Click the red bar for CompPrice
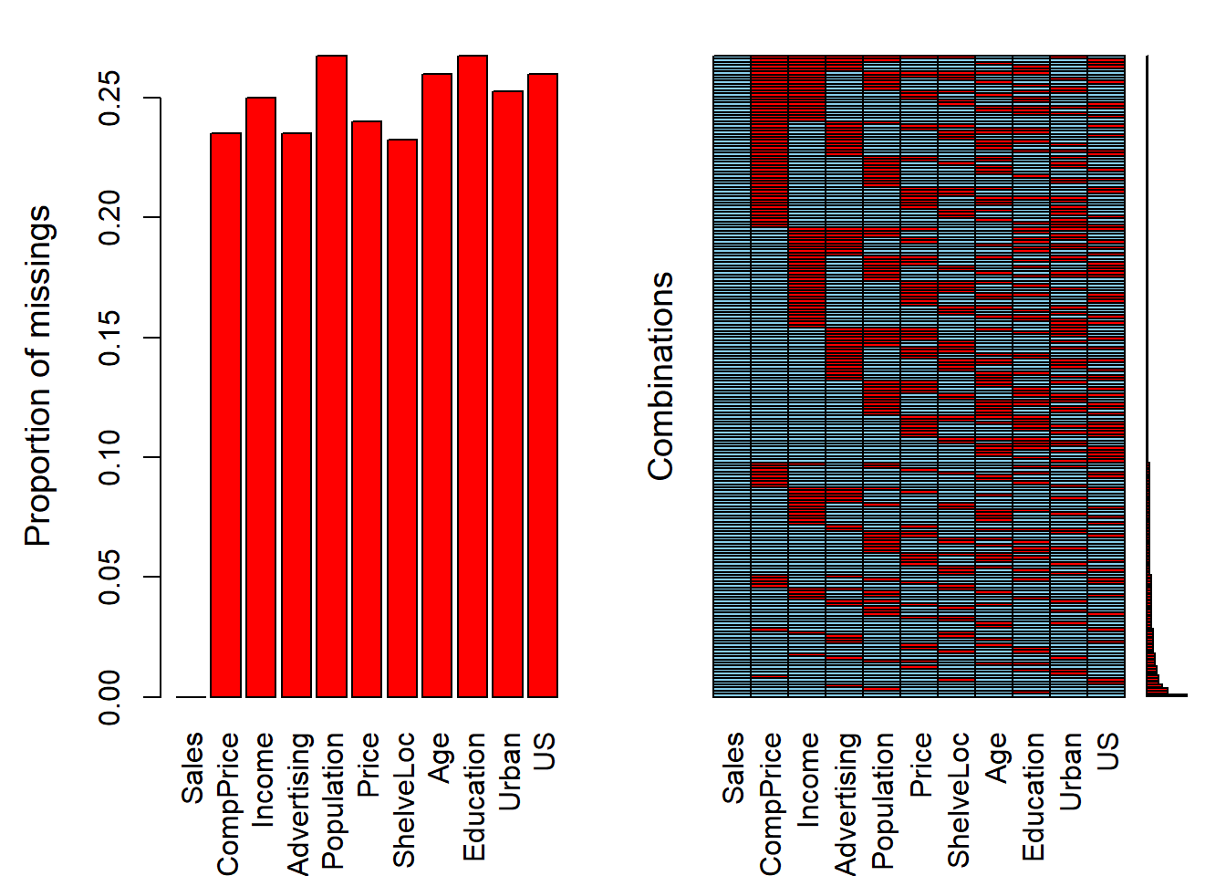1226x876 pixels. pos(226,415)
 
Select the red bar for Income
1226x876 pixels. pos(261,397)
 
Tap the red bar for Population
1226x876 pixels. pos(332,376)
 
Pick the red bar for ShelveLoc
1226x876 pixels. pos(402,418)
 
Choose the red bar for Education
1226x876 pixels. pos(473,376)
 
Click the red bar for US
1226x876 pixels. pos(543,385)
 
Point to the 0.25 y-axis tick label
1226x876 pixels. pos(109,98)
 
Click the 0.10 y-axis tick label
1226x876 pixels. pos(109,457)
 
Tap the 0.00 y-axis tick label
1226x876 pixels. pos(109,697)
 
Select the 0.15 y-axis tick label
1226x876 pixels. pos(109,338)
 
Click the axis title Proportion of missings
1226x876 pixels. pos(37,376)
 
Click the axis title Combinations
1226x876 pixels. pos(660,376)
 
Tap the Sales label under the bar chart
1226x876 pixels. pos(192,767)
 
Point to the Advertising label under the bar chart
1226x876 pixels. pos(298,804)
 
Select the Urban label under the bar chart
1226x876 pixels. pos(509,771)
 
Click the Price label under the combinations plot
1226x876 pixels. pos(920,765)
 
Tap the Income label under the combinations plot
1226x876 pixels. pos(808,779)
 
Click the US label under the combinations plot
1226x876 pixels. pos(1107,751)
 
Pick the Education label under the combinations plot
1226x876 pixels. pos(1034,797)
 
